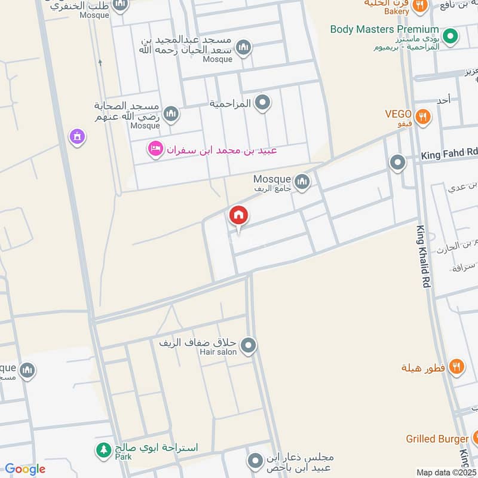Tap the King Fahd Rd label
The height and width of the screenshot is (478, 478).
click(x=449, y=155)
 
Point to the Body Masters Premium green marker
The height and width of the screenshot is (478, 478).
click(x=451, y=36)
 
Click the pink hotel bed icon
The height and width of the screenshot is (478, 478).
click(x=155, y=149)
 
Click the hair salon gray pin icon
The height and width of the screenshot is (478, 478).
click(x=249, y=345)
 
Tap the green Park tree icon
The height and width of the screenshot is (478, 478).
click(x=105, y=448)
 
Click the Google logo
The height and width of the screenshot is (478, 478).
click(x=24, y=469)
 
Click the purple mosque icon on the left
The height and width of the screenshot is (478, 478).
click(x=77, y=137)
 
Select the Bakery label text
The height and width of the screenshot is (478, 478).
click(x=397, y=11)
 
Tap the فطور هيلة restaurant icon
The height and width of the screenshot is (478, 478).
click(x=456, y=367)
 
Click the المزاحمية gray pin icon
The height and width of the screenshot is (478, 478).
click(x=262, y=103)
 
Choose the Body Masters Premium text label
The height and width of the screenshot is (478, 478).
click(x=385, y=29)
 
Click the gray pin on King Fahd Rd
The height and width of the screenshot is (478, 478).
click(x=397, y=162)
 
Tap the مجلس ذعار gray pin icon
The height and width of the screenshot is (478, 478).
click(x=255, y=461)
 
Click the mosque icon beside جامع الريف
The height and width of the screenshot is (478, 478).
click(x=302, y=181)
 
